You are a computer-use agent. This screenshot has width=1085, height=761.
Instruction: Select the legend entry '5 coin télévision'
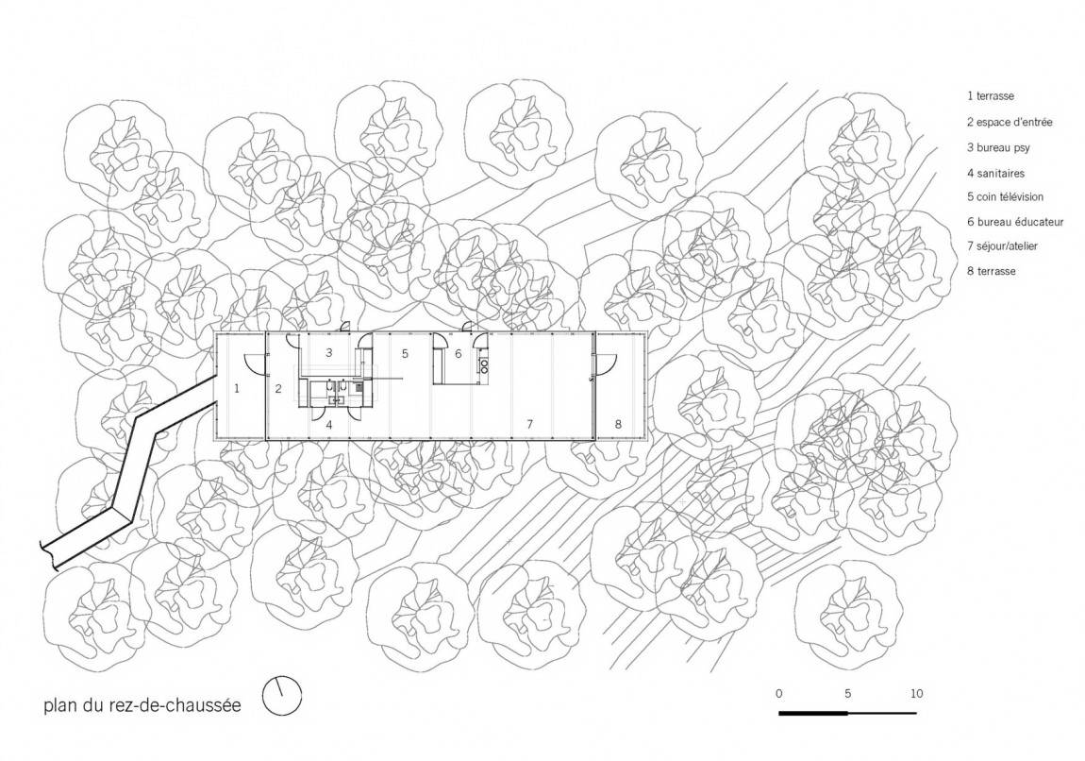point(1005,196)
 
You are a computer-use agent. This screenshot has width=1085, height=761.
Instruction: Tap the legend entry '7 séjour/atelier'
point(1003,245)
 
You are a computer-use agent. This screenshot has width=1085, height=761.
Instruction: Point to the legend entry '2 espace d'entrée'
point(1010,122)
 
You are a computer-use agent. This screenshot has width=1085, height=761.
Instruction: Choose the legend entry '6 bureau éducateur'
point(1015,222)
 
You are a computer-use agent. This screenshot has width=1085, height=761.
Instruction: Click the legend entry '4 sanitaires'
point(995,173)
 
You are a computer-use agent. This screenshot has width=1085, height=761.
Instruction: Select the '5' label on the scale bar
point(847,694)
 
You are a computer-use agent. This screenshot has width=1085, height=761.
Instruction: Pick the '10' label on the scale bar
point(916,694)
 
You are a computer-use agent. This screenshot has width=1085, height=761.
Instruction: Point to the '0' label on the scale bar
point(779,694)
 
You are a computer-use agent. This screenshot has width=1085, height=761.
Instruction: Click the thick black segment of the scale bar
point(813,713)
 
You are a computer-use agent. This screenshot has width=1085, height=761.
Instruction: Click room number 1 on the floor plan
point(237,388)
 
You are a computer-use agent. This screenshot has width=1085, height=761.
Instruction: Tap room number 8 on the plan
point(619,424)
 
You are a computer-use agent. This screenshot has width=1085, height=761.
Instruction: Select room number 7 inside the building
point(530,424)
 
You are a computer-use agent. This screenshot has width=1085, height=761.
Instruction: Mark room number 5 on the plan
point(405,354)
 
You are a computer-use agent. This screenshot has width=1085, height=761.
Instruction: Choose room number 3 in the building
point(328,352)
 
